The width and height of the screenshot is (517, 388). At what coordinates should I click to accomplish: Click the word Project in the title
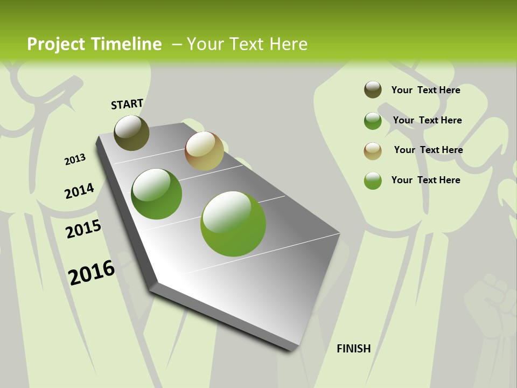click(56, 44)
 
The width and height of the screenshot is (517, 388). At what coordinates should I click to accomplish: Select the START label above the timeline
click(127, 104)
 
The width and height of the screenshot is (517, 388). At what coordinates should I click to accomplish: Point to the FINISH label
click(353, 349)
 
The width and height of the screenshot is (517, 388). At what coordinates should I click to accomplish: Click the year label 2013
click(75, 160)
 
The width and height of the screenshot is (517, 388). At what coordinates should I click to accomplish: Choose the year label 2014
click(79, 191)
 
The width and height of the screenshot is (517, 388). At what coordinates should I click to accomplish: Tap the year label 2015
click(83, 229)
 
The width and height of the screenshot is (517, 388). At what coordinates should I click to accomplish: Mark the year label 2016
click(92, 272)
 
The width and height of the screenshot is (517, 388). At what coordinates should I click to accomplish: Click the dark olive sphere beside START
click(131, 133)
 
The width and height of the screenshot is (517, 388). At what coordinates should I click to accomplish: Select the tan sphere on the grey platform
click(204, 151)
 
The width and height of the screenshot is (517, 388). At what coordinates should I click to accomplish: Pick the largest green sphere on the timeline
click(233, 224)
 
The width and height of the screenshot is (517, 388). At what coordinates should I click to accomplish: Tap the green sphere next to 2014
click(156, 194)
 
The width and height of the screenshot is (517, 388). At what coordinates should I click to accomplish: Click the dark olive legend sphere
click(373, 89)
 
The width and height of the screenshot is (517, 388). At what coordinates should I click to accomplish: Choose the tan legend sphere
click(373, 151)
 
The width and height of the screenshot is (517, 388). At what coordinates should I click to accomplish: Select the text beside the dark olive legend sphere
click(425, 90)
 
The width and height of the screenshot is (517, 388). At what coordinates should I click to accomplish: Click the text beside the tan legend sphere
click(428, 150)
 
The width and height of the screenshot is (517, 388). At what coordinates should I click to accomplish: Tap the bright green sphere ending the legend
click(373, 181)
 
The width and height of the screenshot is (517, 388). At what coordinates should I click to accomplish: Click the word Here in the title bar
click(288, 44)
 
